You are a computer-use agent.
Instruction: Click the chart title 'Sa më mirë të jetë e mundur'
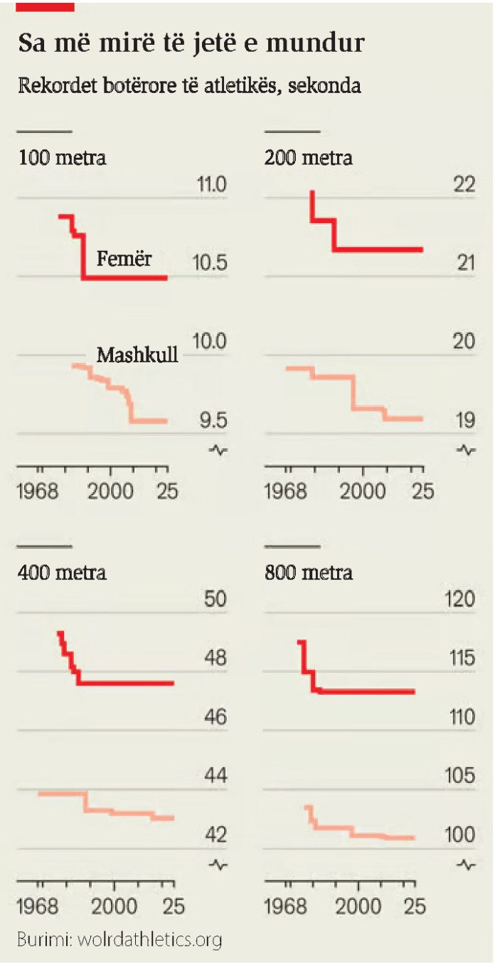[x=191, y=43]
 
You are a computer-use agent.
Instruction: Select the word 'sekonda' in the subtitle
[x=324, y=85]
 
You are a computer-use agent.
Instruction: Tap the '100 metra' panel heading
[x=62, y=158]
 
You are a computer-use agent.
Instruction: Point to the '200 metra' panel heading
[x=309, y=158]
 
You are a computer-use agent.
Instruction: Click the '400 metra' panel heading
[x=62, y=573]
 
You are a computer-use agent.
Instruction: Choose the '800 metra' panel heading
[x=309, y=573]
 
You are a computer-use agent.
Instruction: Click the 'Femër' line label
[x=124, y=258]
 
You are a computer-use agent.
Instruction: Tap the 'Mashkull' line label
[x=137, y=355]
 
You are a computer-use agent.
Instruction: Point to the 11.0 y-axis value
[x=211, y=184]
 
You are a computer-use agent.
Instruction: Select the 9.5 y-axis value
[x=213, y=420]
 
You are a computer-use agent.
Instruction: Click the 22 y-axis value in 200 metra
[x=464, y=184]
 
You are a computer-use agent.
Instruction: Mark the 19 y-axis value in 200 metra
[x=465, y=420]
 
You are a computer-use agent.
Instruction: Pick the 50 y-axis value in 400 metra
[x=215, y=599]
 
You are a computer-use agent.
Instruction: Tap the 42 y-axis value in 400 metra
[x=215, y=835]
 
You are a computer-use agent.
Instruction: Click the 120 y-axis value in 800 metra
[x=459, y=599]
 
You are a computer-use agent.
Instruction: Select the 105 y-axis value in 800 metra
[x=459, y=775]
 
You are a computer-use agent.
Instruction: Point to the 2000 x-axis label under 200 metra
[x=362, y=491]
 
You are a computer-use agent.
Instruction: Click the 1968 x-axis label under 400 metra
[x=38, y=906]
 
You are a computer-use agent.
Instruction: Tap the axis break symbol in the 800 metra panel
[x=466, y=865]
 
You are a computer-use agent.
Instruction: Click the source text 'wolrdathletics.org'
[x=149, y=939]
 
